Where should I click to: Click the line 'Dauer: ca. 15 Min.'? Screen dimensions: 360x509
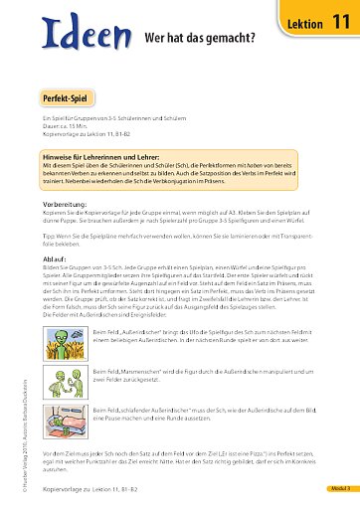pyautogui.click(x=66, y=126)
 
